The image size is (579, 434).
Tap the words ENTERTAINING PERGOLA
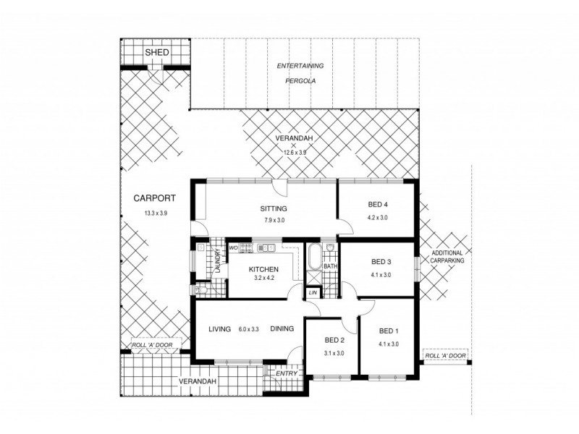300,73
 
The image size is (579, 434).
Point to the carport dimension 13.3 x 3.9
155,213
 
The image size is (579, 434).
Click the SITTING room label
274,208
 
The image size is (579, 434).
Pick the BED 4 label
378,205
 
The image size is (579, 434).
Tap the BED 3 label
381,262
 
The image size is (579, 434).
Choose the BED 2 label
333,340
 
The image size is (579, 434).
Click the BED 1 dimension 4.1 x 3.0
389,344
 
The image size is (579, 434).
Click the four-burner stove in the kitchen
245,248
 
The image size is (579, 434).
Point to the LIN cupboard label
313,292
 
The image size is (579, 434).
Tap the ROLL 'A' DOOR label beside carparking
444,357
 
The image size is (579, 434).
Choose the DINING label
282,329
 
